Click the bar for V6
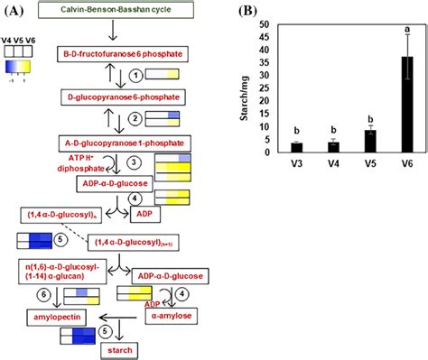409,105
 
